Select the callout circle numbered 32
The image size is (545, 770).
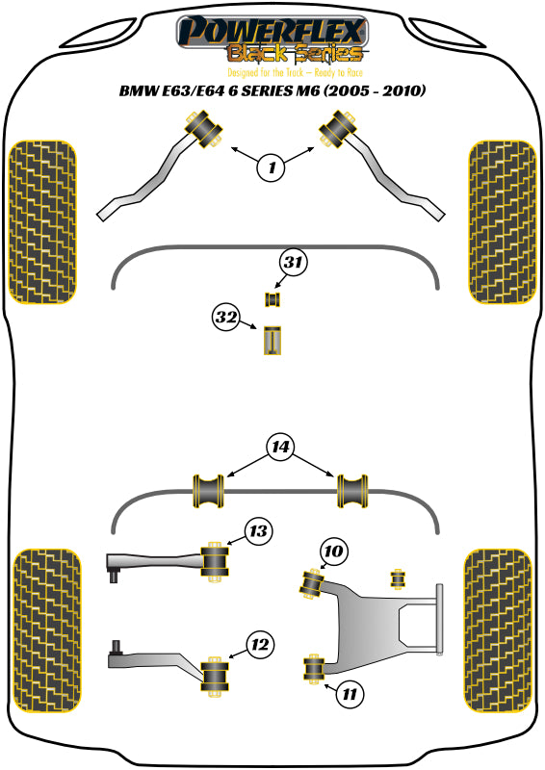click(227, 317)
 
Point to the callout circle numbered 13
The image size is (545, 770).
click(257, 530)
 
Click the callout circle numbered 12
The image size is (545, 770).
click(257, 645)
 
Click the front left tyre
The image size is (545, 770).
click(42, 221)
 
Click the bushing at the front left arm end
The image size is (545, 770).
click(203, 130)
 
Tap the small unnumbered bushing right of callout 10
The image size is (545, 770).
click(395, 578)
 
